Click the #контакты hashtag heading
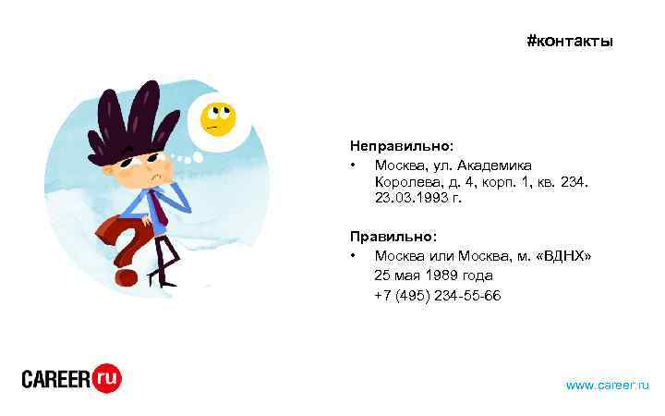pos(569,42)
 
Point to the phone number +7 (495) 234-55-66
pos(437,295)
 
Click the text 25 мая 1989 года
pos(433,275)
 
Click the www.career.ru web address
pos(607,384)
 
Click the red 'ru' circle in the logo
pos(106,377)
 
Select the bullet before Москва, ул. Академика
pos(353,165)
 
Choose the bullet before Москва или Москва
pos(353,255)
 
